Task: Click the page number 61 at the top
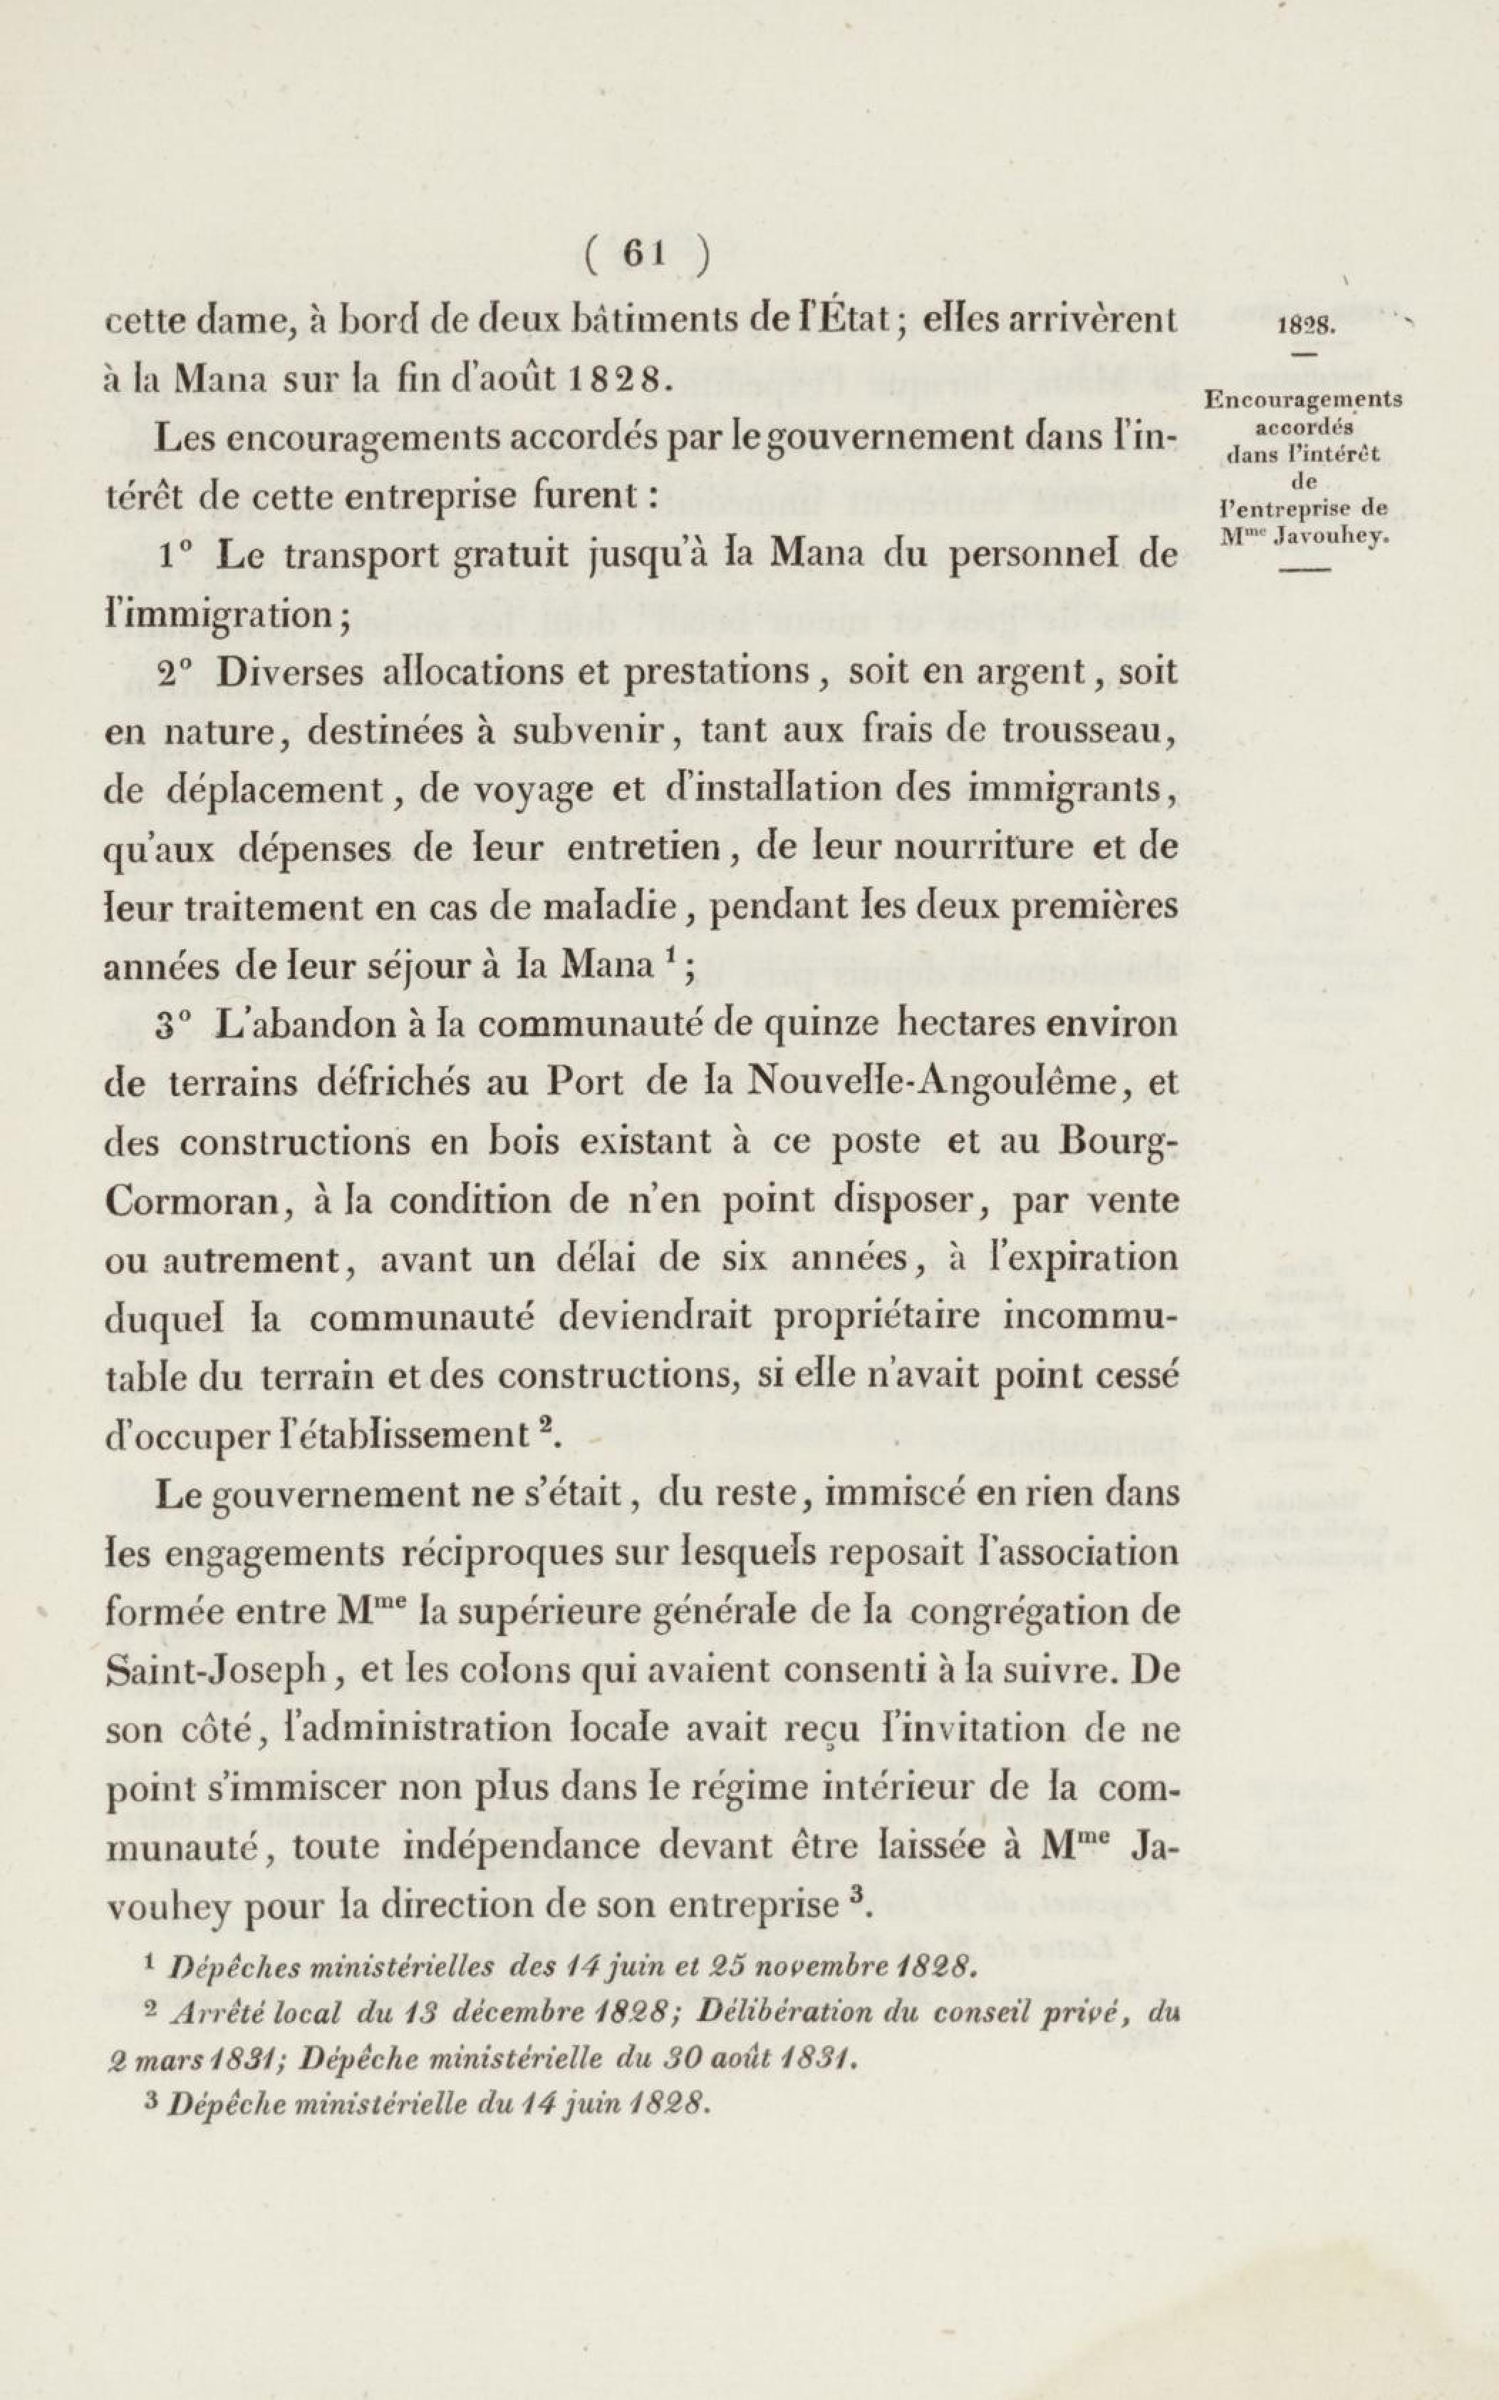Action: [x=643, y=255]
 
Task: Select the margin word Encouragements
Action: [x=1302, y=401]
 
